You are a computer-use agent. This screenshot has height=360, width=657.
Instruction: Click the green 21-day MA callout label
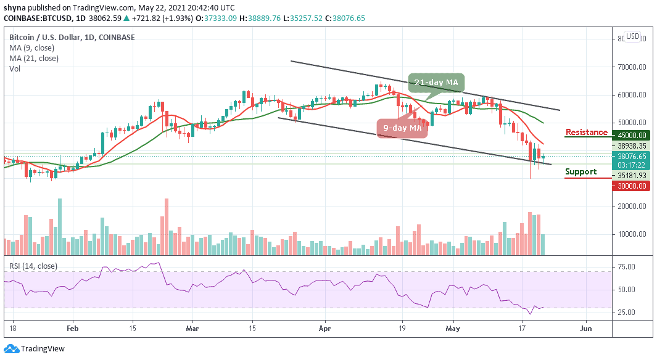[436, 83]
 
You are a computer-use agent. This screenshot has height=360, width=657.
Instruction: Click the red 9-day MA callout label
[402, 128]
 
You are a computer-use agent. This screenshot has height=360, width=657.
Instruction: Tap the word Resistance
[587, 132]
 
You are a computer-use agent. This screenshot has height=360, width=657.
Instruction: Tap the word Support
[581, 172]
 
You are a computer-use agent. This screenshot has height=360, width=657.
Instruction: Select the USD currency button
[632, 36]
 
